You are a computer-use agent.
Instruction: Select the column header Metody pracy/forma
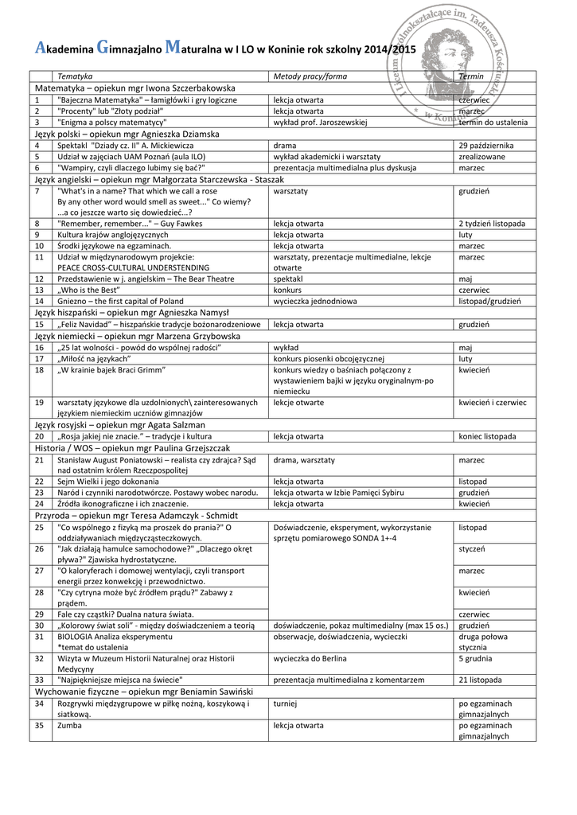[x=310, y=75]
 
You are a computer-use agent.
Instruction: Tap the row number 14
[x=37, y=302]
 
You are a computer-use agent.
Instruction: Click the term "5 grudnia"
[x=479, y=658]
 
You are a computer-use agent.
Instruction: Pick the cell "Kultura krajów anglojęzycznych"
[x=112, y=235]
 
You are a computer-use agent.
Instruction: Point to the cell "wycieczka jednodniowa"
[x=315, y=302]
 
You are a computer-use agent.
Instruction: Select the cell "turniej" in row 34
[x=285, y=704]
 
